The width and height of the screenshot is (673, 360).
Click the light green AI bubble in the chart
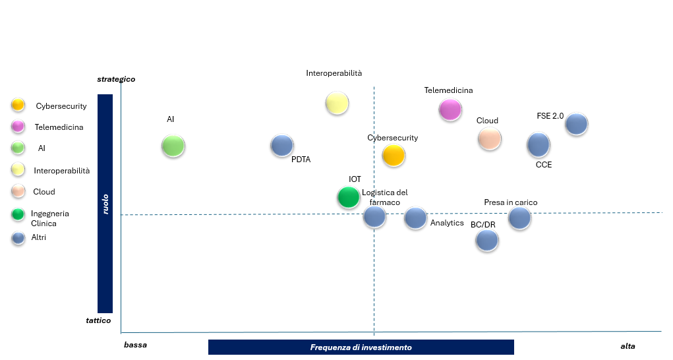(x=173, y=146)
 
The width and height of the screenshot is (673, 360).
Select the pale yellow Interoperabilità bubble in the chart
(x=337, y=103)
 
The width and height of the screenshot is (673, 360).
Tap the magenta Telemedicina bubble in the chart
(x=450, y=109)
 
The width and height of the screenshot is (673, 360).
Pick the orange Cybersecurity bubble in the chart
(x=394, y=156)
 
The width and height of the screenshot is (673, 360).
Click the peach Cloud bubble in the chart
(x=489, y=138)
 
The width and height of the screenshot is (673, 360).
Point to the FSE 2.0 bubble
(x=576, y=124)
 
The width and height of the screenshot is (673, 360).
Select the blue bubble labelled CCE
(x=539, y=144)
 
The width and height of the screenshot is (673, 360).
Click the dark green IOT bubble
(x=348, y=196)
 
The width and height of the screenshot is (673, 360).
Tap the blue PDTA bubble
(x=282, y=146)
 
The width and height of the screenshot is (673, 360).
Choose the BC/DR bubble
(x=487, y=240)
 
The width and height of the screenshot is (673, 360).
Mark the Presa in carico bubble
(x=519, y=218)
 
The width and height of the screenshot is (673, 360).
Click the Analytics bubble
(x=415, y=218)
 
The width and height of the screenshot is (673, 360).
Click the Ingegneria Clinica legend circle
(x=18, y=214)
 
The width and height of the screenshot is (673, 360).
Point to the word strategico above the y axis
(x=116, y=79)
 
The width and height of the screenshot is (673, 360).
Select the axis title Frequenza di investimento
(x=361, y=347)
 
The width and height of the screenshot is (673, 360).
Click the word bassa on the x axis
(x=135, y=345)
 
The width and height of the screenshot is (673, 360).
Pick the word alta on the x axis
(x=628, y=345)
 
